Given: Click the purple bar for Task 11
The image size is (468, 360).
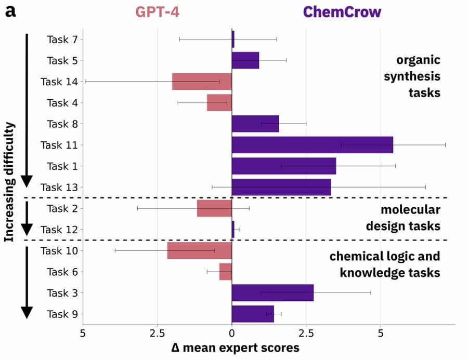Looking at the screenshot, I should click(312, 145).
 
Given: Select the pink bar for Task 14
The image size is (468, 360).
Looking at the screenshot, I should click(202, 82).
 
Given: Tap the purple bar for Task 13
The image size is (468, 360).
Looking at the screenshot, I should click(281, 187).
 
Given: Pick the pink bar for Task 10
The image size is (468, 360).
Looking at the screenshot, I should click(199, 251).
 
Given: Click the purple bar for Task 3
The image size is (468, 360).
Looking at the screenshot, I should click(272, 293).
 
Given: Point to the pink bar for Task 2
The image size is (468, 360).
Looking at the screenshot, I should click(214, 208).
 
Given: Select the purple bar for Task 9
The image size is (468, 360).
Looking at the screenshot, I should click(253, 314).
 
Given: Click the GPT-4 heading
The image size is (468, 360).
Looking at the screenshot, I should click(158, 11).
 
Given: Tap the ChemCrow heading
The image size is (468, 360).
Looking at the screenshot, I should click(342, 11).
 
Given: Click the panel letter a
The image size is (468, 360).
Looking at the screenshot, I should click(10, 11).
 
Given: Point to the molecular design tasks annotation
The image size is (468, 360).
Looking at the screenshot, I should click(403, 218).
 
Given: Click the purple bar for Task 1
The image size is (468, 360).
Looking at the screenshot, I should click(283, 166).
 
